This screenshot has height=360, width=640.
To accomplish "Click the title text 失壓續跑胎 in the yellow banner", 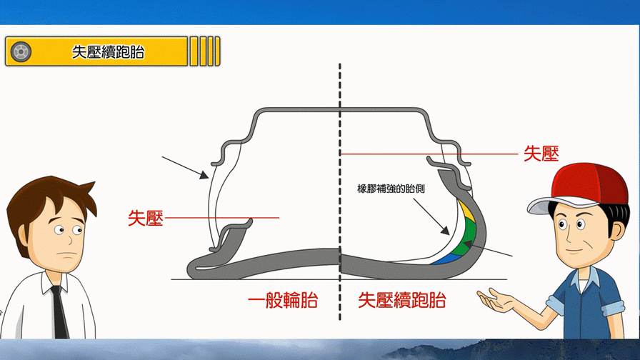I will pyautogui.click(x=108, y=52).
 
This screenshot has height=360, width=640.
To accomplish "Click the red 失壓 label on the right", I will pyautogui.click(x=541, y=154).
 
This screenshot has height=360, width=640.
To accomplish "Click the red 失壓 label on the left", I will pyautogui.click(x=146, y=218).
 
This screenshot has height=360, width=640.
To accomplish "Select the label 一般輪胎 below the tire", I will pyautogui.click(x=283, y=300).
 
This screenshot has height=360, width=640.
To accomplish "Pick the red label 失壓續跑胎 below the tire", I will pyautogui.click(x=402, y=300).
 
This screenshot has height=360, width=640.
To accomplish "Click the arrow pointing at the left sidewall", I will pyautogui.click(x=185, y=166).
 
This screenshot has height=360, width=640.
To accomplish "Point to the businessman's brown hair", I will pyautogui.click(x=46, y=196).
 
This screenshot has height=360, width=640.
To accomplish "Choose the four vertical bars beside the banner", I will pyautogui.click(x=204, y=51).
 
